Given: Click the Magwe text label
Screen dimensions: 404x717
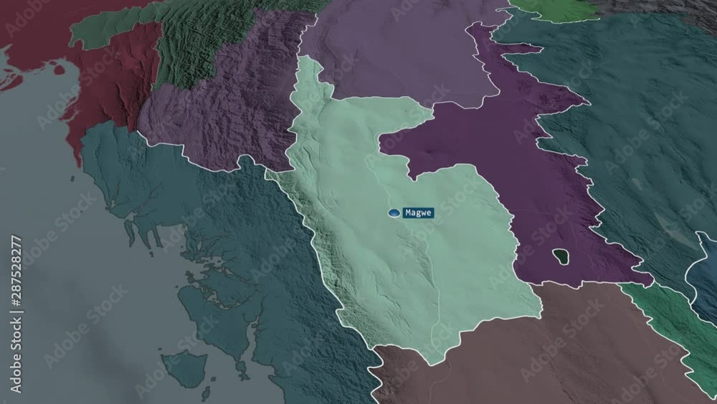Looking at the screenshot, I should pyautogui.click(x=418, y=213).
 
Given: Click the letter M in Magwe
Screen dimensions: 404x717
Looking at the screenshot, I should pyautogui.click(x=407, y=213).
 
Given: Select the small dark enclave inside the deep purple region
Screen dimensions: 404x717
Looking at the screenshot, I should pyautogui.click(x=561, y=255).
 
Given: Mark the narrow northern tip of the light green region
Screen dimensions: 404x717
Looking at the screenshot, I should pyautogui.click(x=310, y=68).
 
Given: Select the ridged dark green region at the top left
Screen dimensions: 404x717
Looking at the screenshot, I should pyautogui.click(x=194, y=36).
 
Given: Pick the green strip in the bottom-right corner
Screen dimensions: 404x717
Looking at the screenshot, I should pyautogui.click(x=674, y=330).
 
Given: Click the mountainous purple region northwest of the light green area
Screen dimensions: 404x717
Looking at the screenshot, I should pyautogui.click(x=229, y=115).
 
